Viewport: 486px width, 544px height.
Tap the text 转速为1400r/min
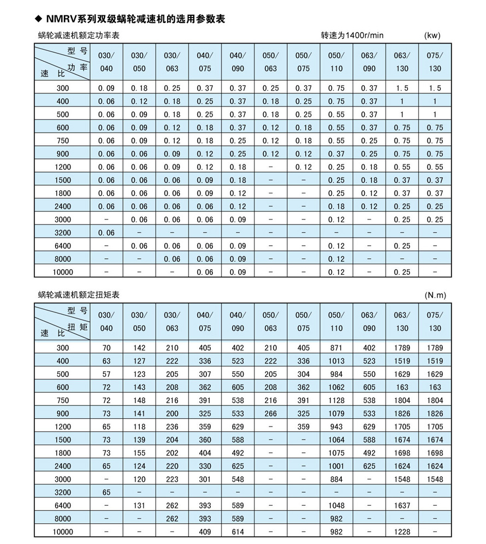tap(352, 36)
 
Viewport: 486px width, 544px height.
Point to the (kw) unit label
tap(432, 36)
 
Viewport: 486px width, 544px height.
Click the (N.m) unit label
tap(435, 295)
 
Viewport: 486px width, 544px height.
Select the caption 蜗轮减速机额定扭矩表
tap(79, 295)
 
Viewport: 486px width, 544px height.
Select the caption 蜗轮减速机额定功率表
tap(79, 36)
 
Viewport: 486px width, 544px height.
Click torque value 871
tap(336, 348)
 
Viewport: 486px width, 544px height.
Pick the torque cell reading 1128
tap(336, 400)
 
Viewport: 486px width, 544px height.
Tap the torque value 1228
tap(402, 531)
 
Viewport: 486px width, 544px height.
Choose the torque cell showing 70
tap(106, 348)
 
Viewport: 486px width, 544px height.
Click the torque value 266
tap(271, 413)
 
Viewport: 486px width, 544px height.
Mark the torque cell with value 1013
tap(336, 361)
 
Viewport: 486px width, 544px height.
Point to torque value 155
tap(139, 453)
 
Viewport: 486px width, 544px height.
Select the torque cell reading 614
tap(238, 531)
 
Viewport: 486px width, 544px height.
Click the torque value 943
tap(336, 427)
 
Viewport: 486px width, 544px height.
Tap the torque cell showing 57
tap(106, 374)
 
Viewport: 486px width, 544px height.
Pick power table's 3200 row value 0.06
tap(106, 232)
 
